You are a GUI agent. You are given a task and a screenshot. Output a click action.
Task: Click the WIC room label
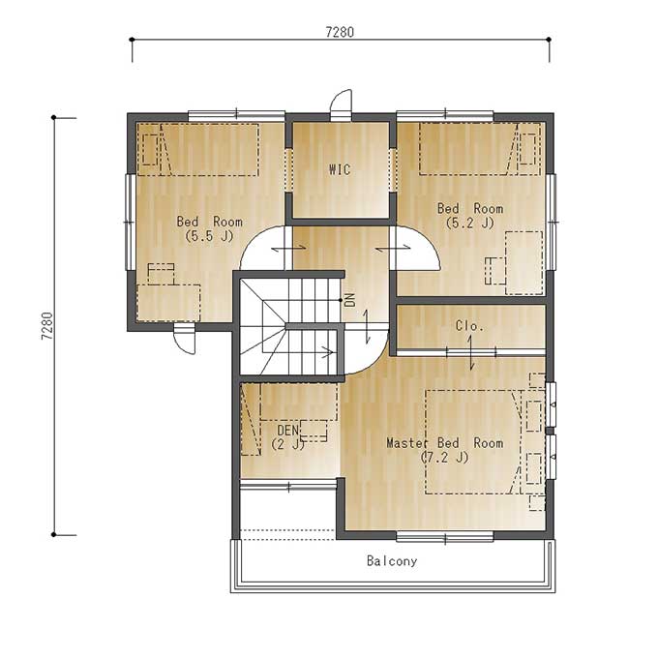click(340, 169)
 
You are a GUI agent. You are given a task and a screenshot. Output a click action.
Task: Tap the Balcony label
click(392, 561)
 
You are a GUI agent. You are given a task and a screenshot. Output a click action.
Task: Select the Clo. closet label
click(469, 326)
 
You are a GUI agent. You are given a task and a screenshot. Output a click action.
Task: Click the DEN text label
click(288, 431)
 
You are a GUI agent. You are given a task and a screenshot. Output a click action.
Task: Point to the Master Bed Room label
click(444, 443)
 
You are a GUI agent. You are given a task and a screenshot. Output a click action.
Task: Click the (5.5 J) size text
click(209, 236)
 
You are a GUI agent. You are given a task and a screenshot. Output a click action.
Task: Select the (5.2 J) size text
click(469, 223)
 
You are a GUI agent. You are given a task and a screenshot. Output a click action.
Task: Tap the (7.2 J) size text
click(444, 457)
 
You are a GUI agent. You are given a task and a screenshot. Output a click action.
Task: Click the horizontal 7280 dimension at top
click(340, 32)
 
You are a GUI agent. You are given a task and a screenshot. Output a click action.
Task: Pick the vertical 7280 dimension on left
click(47, 326)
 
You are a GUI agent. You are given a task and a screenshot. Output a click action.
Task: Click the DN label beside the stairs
click(350, 300)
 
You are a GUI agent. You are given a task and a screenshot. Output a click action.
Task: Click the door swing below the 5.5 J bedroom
click(185, 339)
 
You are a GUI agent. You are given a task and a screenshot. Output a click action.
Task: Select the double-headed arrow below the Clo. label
click(471, 353)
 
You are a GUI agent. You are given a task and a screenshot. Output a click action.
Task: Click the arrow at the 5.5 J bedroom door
click(288, 249)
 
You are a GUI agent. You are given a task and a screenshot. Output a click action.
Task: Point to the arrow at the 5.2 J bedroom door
click(393, 249)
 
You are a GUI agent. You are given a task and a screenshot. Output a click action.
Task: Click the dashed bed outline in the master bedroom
click(473, 442)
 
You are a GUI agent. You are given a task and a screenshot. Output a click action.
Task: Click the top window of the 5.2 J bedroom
click(445, 114)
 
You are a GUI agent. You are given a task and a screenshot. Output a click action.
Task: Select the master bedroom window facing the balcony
click(445, 536)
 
